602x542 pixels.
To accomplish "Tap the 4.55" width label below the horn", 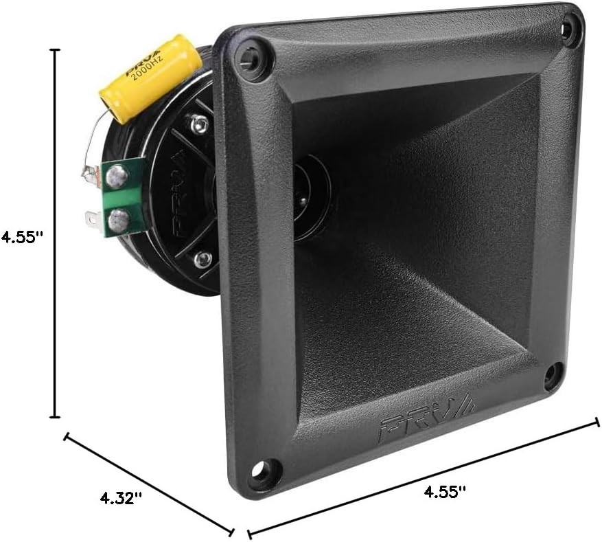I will [444, 492].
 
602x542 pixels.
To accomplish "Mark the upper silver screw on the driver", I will [200, 124].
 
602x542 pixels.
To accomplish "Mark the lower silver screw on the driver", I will [202, 260].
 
